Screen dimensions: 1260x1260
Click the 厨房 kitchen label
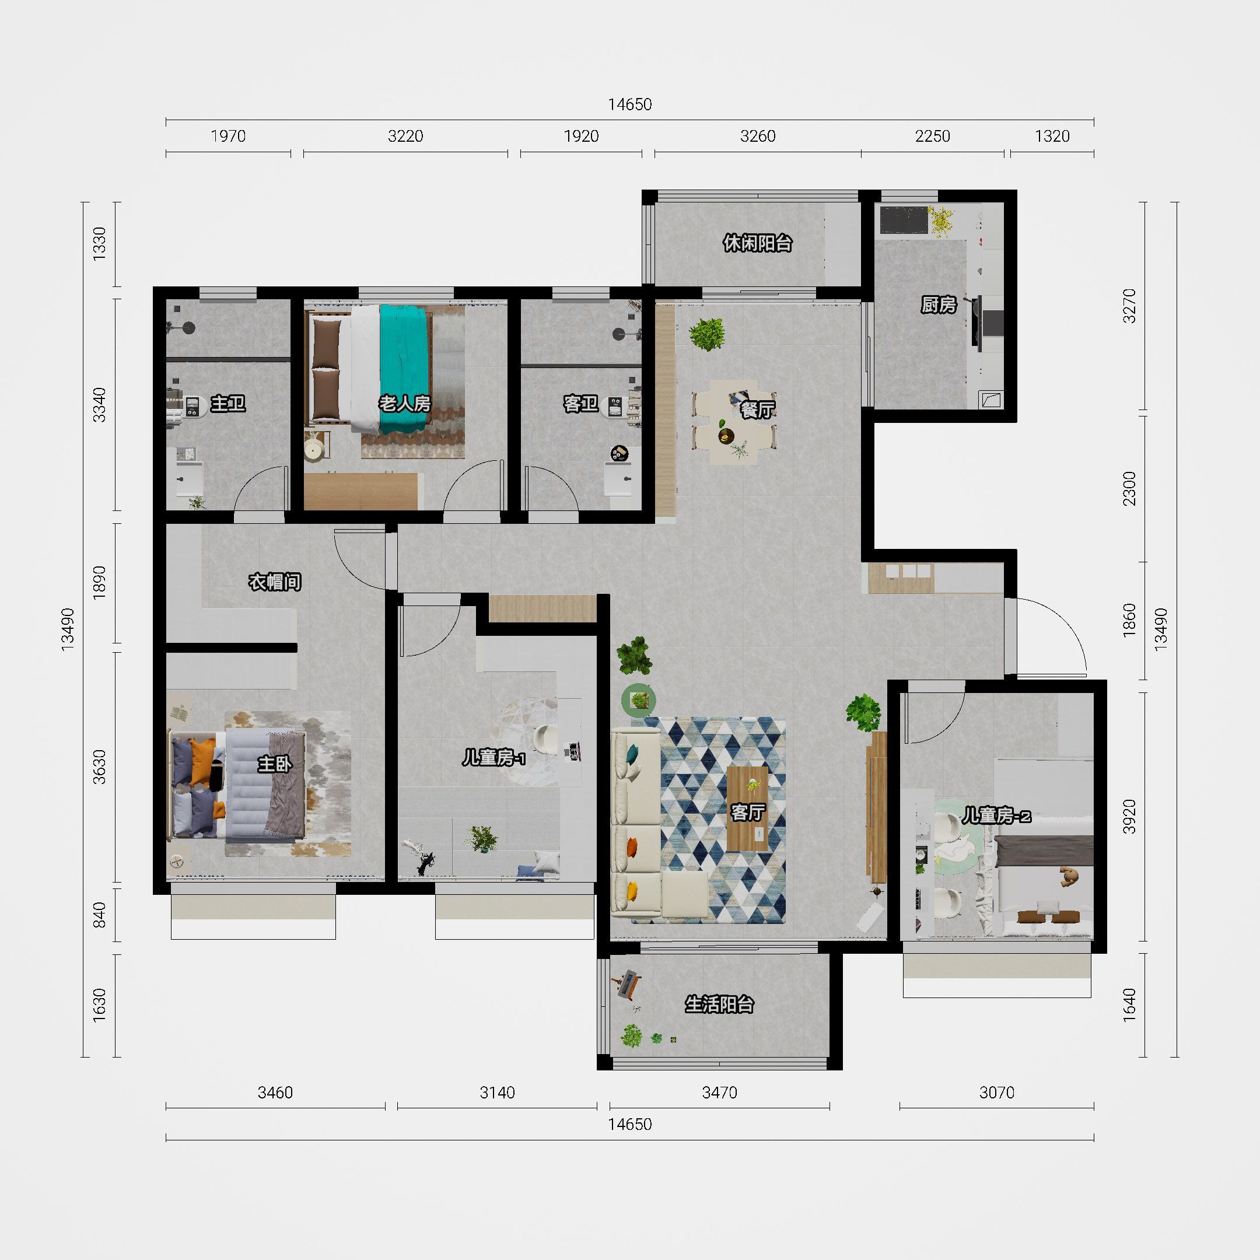939,304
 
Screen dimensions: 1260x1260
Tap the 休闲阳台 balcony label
757,243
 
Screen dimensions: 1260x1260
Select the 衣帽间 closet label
275,582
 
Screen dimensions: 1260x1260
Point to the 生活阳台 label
719,1005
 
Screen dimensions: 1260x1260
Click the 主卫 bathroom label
228,403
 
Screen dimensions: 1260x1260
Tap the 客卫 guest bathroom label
580,404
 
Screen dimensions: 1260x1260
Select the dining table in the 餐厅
734,422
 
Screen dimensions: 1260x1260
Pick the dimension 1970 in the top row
228,136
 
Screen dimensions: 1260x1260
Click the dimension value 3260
758,136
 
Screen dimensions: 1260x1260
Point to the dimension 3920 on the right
1130,816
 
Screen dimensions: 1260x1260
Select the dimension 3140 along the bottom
497,1093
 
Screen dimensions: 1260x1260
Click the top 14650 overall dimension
630,104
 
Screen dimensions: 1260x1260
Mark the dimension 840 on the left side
99,915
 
